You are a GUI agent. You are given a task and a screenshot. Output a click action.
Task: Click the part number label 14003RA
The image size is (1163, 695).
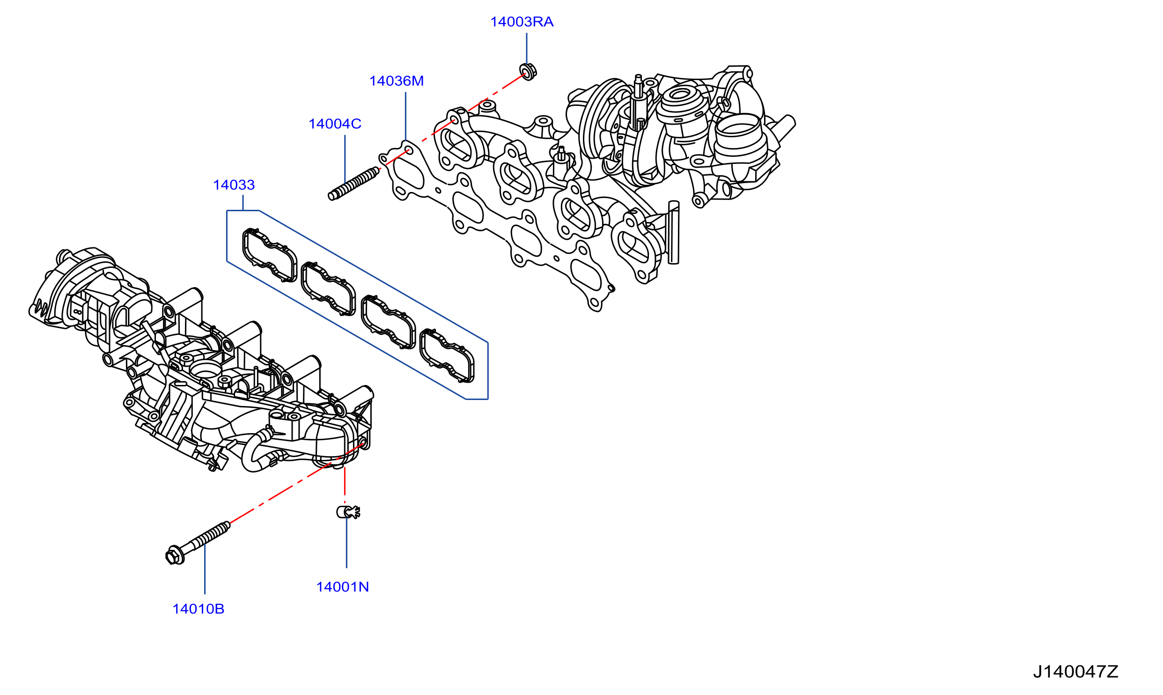pyautogui.click(x=522, y=22)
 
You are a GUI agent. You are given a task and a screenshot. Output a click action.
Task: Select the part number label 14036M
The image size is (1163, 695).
pyautogui.click(x=397, y=81)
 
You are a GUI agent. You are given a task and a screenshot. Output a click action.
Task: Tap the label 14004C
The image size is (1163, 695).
pyautogui.click(x=335, y=124)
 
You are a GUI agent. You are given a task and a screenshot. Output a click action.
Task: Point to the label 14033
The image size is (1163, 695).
pyautogui.click(x=234, y=185)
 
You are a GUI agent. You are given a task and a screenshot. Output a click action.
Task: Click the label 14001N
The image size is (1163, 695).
pyautogui.click(x=343, y=587)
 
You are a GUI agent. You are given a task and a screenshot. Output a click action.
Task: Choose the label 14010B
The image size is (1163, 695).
pyautogui.click(x=199, y=609)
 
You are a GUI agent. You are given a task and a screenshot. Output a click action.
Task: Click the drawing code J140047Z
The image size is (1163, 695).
pyautogui.click(x=1075, y=672)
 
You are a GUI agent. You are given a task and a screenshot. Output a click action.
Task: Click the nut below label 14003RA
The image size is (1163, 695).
pyautogui.click(x=528, y=71)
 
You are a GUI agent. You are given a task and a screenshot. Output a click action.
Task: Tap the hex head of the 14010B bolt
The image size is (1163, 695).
pyautogui.click(x=175, y=556)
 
